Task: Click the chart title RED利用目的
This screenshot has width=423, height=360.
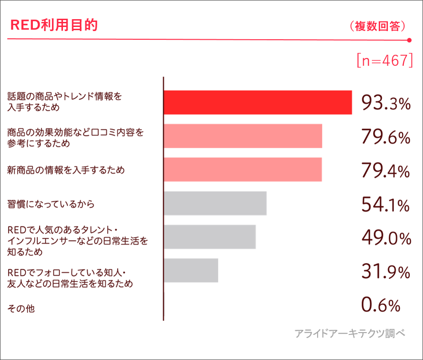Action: click(54, 25)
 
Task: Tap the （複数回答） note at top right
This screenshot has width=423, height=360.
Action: click(377, 26)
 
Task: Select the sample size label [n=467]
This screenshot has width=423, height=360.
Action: click(385, 61)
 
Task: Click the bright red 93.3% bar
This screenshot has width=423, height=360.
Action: click(258, 102)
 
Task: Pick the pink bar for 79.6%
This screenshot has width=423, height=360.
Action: click(243, 136)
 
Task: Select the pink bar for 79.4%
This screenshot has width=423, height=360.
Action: click(243, 170)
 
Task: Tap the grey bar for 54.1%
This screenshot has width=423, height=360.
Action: click(215, 203)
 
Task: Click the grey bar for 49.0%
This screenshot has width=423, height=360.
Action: click(210, 237)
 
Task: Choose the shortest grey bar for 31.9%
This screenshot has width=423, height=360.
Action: click(191, 271)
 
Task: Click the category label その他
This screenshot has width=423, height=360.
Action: click(21, 309)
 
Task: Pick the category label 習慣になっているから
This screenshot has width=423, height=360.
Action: click(51, 204)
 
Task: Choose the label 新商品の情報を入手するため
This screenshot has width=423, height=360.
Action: click(66, 170)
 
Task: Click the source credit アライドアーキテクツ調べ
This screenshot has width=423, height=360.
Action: click(350, 334)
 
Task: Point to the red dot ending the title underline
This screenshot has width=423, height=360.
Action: click(409, 40)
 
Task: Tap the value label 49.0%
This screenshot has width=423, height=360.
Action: click(386, 238)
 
